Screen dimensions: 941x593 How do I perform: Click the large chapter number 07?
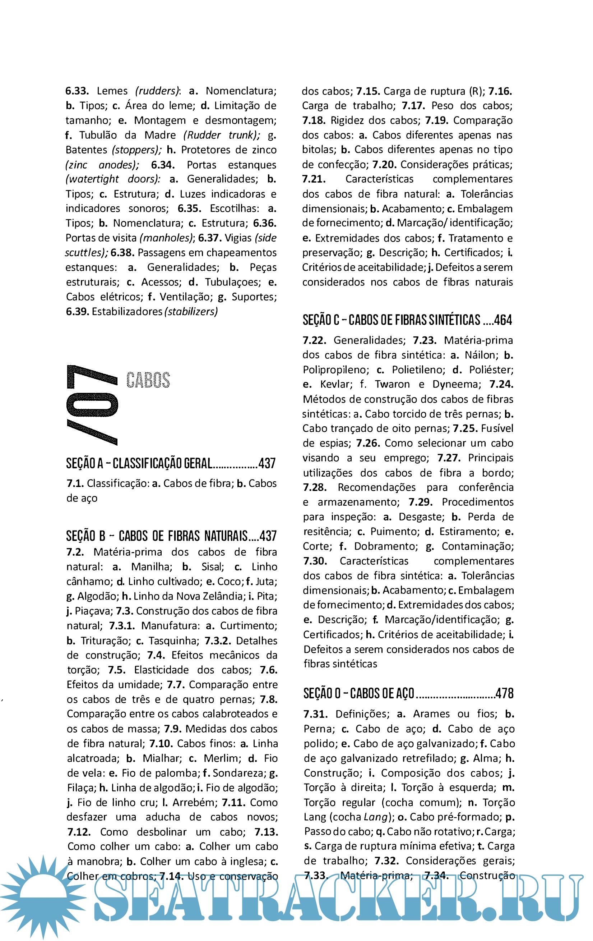point(93,405)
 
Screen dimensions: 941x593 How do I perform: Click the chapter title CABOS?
point(148,380)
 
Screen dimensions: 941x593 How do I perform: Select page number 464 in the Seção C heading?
point(503,320)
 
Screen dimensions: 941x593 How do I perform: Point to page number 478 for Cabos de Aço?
point(504,693)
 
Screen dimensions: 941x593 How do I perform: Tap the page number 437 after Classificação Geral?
point(267,463)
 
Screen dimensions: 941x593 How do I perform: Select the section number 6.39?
point(78,312)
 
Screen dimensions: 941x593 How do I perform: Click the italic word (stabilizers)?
point(191,312)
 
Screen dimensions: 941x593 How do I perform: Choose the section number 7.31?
point(315,714)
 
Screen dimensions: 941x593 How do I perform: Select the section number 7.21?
point(314,179)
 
